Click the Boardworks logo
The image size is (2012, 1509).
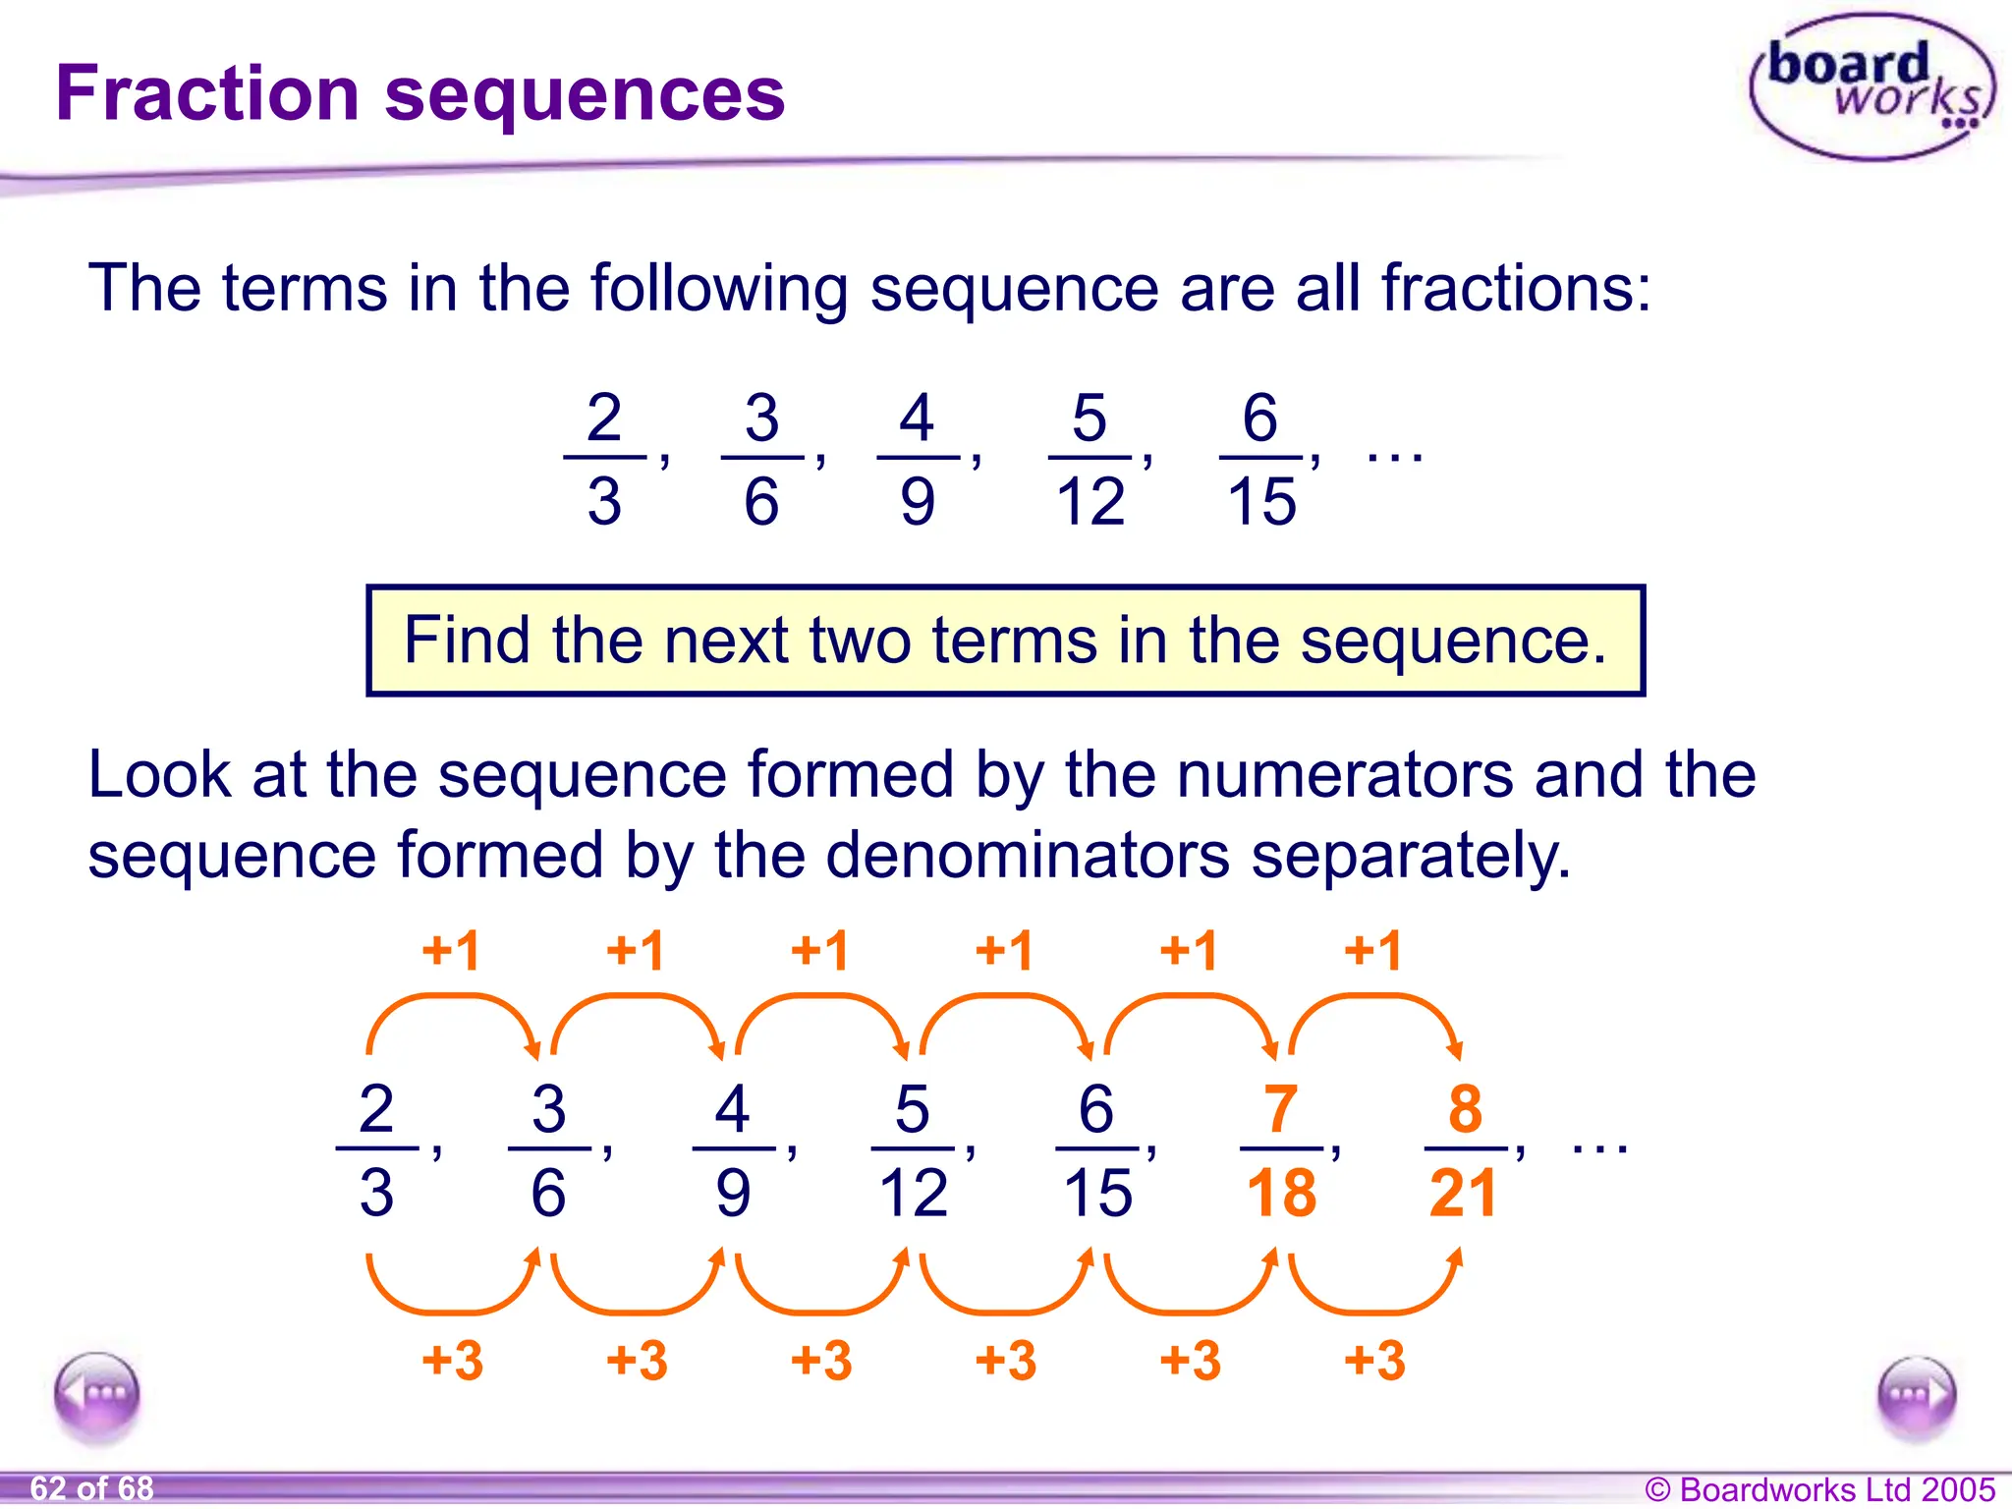point(1872,86)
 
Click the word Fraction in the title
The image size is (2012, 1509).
point(207,93)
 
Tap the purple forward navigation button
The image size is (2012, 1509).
point(1916,1396)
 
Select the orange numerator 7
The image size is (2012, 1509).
point(1280,1108)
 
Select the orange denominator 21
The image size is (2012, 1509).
point(1463,1194)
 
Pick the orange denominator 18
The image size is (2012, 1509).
point(1280,1194)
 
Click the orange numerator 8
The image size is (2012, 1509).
point(1464,1108)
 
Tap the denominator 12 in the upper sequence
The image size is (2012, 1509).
point(1090,502)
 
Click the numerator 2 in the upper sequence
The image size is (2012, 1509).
point(604,418)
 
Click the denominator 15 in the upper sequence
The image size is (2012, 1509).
point(1261,502)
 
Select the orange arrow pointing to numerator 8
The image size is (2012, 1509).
point(1375,1012)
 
